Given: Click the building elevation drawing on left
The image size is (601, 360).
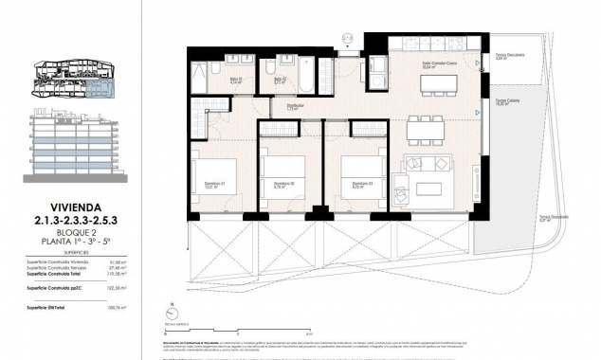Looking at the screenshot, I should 78,148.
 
